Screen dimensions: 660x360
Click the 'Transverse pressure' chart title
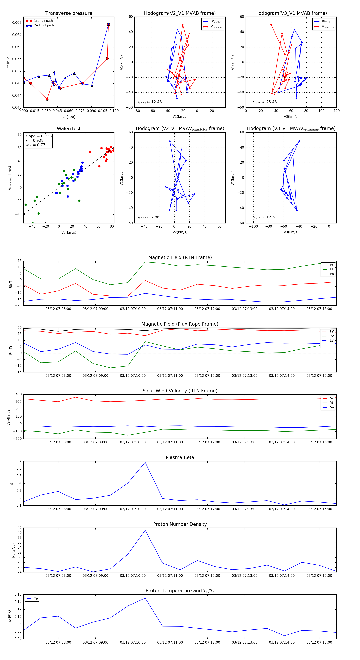(69, 13)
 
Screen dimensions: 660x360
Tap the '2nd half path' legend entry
(44, 25)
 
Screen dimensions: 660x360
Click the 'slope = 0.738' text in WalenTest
(38, 136)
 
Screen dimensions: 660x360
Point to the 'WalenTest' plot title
(69, 129)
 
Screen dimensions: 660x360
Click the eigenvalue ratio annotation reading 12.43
(149, 102)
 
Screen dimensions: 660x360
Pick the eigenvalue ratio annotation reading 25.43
(264, 102)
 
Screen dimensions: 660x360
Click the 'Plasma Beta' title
(180, 457)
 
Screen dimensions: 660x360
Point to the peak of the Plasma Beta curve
(145, 462)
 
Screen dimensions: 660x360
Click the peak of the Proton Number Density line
(145, 530)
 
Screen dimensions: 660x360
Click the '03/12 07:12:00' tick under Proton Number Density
(207, 575)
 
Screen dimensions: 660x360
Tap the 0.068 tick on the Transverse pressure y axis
(17, 23)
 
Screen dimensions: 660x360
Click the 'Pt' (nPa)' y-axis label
(8, 62)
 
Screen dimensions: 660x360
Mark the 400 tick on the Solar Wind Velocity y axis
(18, 394)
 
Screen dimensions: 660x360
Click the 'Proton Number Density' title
(180, 524)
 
